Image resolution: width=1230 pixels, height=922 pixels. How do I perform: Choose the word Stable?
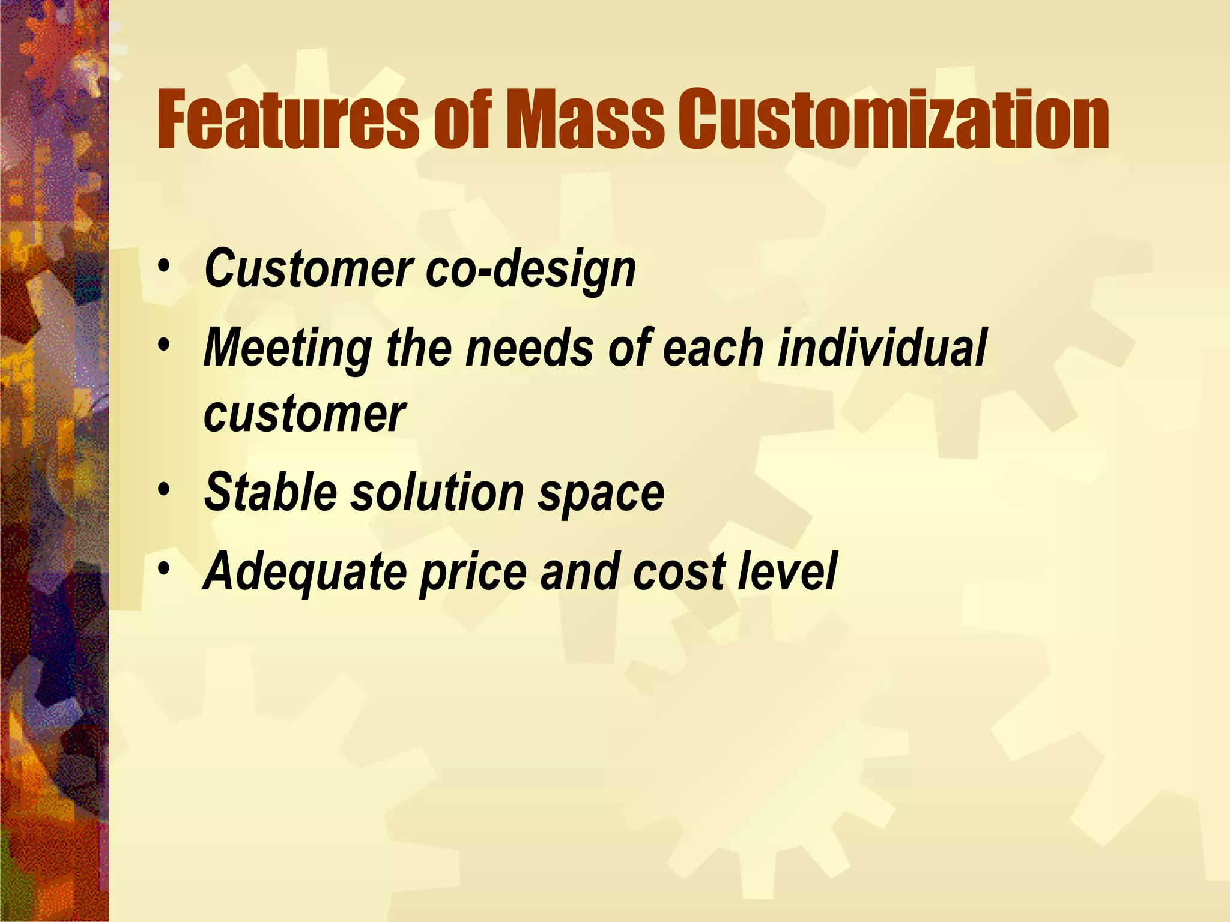tap(270, 492)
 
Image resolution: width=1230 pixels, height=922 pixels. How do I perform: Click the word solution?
tap(437, 492)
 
